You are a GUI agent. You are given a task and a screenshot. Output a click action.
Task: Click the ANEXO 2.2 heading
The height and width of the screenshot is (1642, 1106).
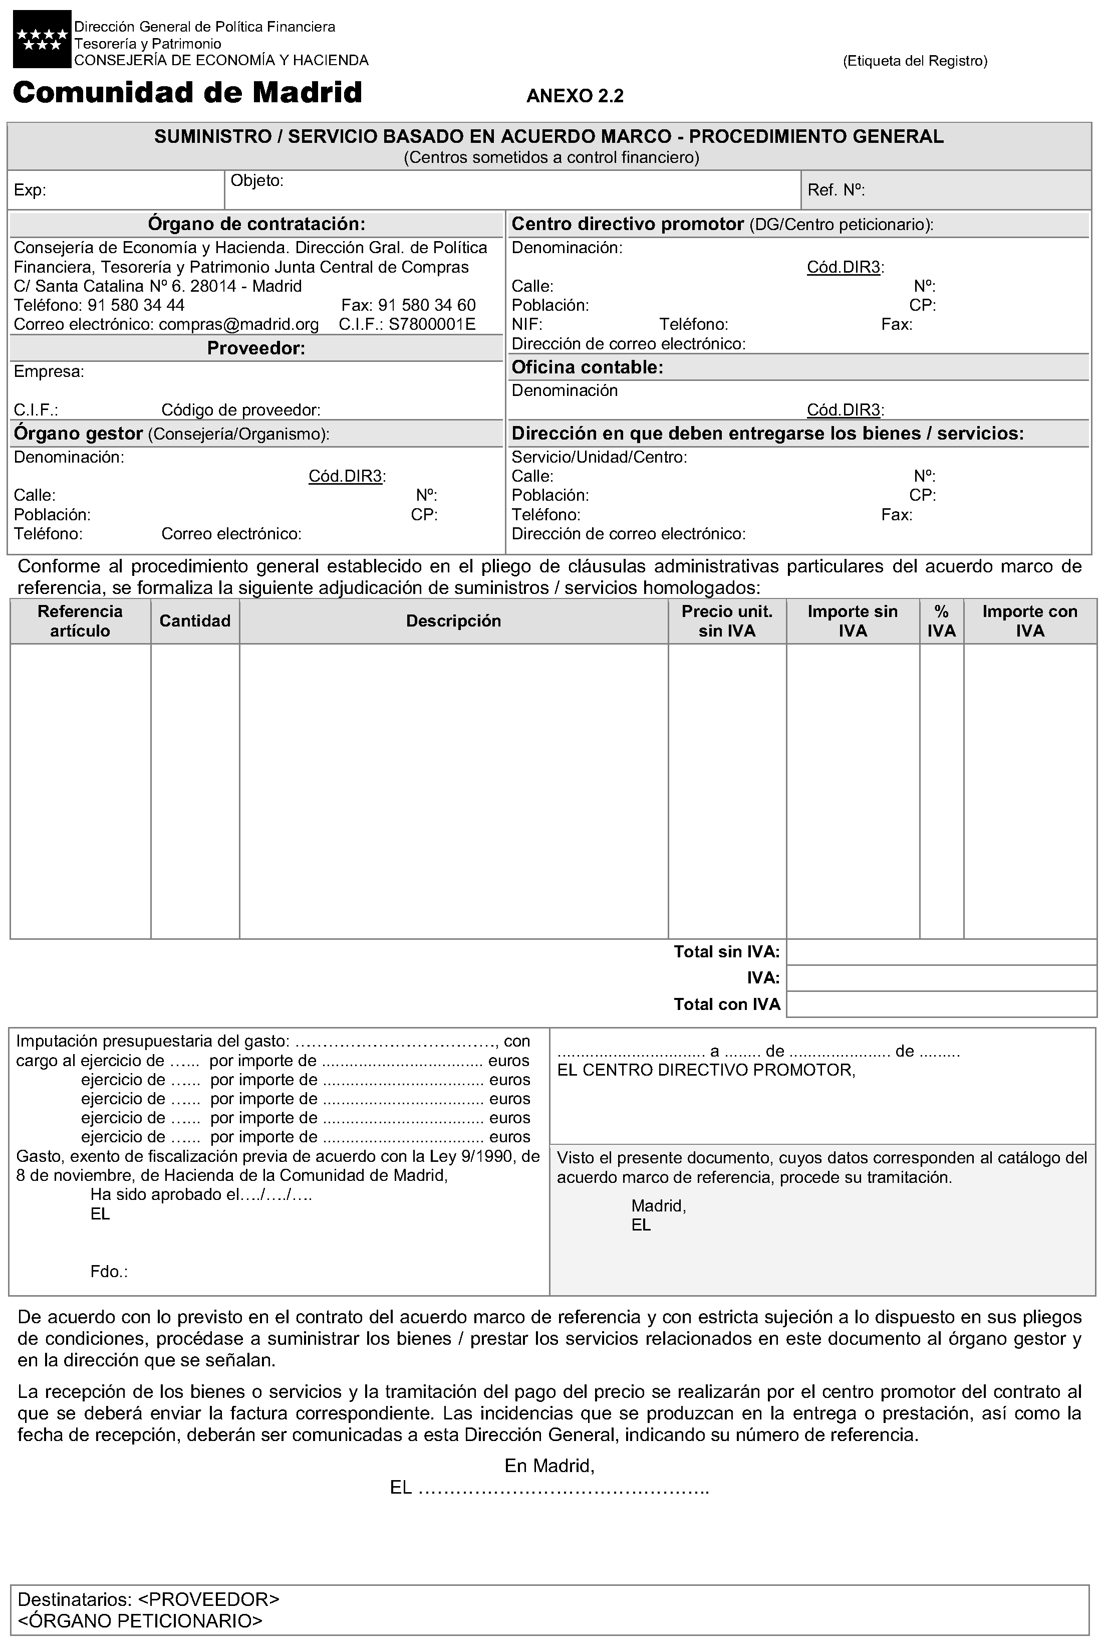tap(575, 96)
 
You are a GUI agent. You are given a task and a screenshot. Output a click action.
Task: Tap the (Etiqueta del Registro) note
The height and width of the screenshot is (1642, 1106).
tap(915, 61)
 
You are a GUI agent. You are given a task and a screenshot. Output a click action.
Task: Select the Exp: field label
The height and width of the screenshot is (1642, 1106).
tap(30, 190)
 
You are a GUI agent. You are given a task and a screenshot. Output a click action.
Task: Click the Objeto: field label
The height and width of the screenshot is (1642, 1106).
tap(257, 180)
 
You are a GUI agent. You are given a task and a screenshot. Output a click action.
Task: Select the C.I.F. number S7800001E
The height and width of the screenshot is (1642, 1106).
tap(432, 325)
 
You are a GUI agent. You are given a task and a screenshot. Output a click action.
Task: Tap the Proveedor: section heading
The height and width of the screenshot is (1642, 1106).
tap(256, 348)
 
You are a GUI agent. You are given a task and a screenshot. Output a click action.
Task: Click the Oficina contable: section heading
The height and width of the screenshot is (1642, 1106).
tap(587, 367)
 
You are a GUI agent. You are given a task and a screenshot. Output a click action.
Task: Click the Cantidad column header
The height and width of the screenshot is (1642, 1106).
tap(195, 621)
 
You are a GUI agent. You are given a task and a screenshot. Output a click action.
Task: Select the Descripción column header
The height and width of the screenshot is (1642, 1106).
tap(453, 621)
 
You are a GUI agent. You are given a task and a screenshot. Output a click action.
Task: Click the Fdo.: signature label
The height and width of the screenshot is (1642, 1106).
tap(109, 1272)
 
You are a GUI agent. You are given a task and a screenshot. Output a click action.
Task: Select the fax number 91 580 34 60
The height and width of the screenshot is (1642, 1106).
tap(427, 306)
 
